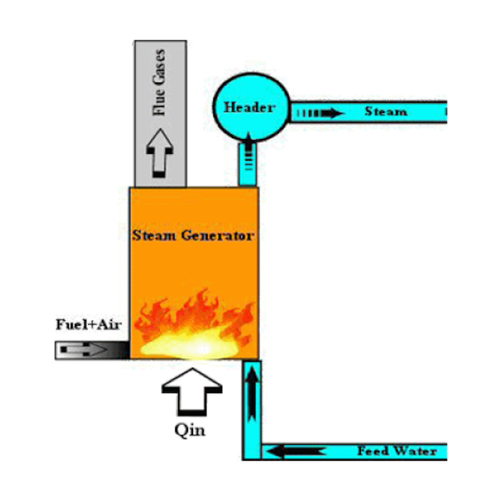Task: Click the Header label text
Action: (249, 107)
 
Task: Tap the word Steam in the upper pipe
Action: (386, 112)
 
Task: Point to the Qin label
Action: (190, 429)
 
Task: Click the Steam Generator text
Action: (193, 234)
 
